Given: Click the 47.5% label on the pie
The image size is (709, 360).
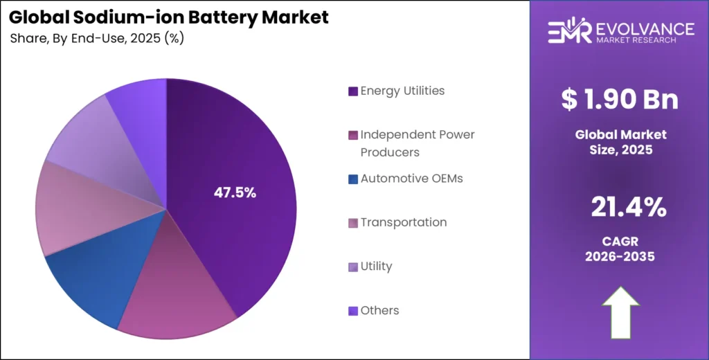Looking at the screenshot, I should pyautogui.click(x=234, y=193).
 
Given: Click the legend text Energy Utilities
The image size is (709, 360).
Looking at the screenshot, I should pyautogui.click(x=402, y=91).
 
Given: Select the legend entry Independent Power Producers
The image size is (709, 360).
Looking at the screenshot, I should pyautogui.click(x=417, y=143).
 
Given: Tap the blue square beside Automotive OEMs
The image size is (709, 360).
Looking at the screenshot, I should pyautogui.click(x=353, y=179).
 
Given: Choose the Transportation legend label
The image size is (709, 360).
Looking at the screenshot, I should pyautogui.click(x=403, y=222).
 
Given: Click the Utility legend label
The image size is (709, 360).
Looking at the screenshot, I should pyautogui.click(x=376, y=266).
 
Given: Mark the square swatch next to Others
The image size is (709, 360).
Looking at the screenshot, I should pyautogui.click(x=353, y=311).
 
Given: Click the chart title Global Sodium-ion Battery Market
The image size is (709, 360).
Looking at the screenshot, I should pyautogui.click(x=169, y=18).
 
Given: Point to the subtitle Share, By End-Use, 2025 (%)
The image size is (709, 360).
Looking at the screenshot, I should pyautogui.click(x=97, y=39).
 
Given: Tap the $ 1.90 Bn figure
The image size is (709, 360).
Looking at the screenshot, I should pyautogui.click(x=620, y=100).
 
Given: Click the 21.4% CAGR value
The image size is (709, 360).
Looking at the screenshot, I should pyautogui.click(x=629, y=207).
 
